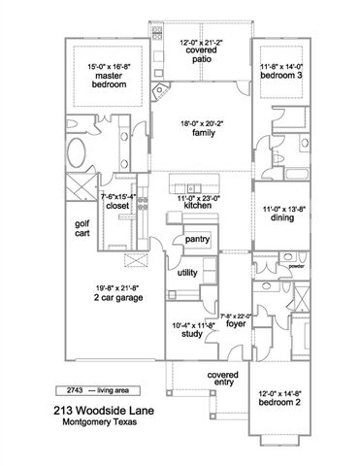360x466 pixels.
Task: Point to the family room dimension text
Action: click(x=202, y=124)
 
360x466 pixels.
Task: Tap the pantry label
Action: click(x=199, y=239)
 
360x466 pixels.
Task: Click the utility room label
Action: click(x=188, y=274)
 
